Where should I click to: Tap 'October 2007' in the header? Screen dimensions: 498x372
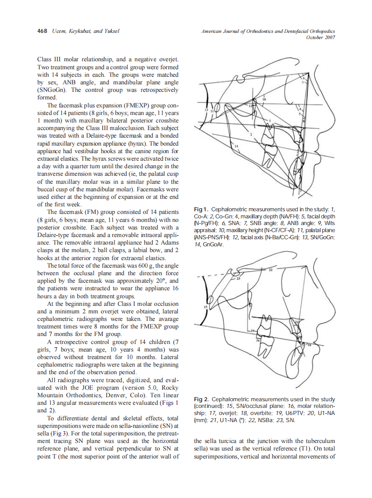tap(321, 37)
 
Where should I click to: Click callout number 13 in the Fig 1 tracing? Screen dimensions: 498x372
tap(206, 109)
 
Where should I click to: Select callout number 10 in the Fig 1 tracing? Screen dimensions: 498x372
tap(265, 100)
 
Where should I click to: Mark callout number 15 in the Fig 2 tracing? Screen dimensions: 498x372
tap(205, 307)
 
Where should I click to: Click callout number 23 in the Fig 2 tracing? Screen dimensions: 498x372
tap(237, 278)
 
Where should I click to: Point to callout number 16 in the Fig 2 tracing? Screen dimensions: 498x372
tap(257, 340)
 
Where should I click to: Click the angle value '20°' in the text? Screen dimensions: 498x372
tap(164, 281)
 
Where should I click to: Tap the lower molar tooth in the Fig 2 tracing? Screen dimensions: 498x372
tap(265, 349)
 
